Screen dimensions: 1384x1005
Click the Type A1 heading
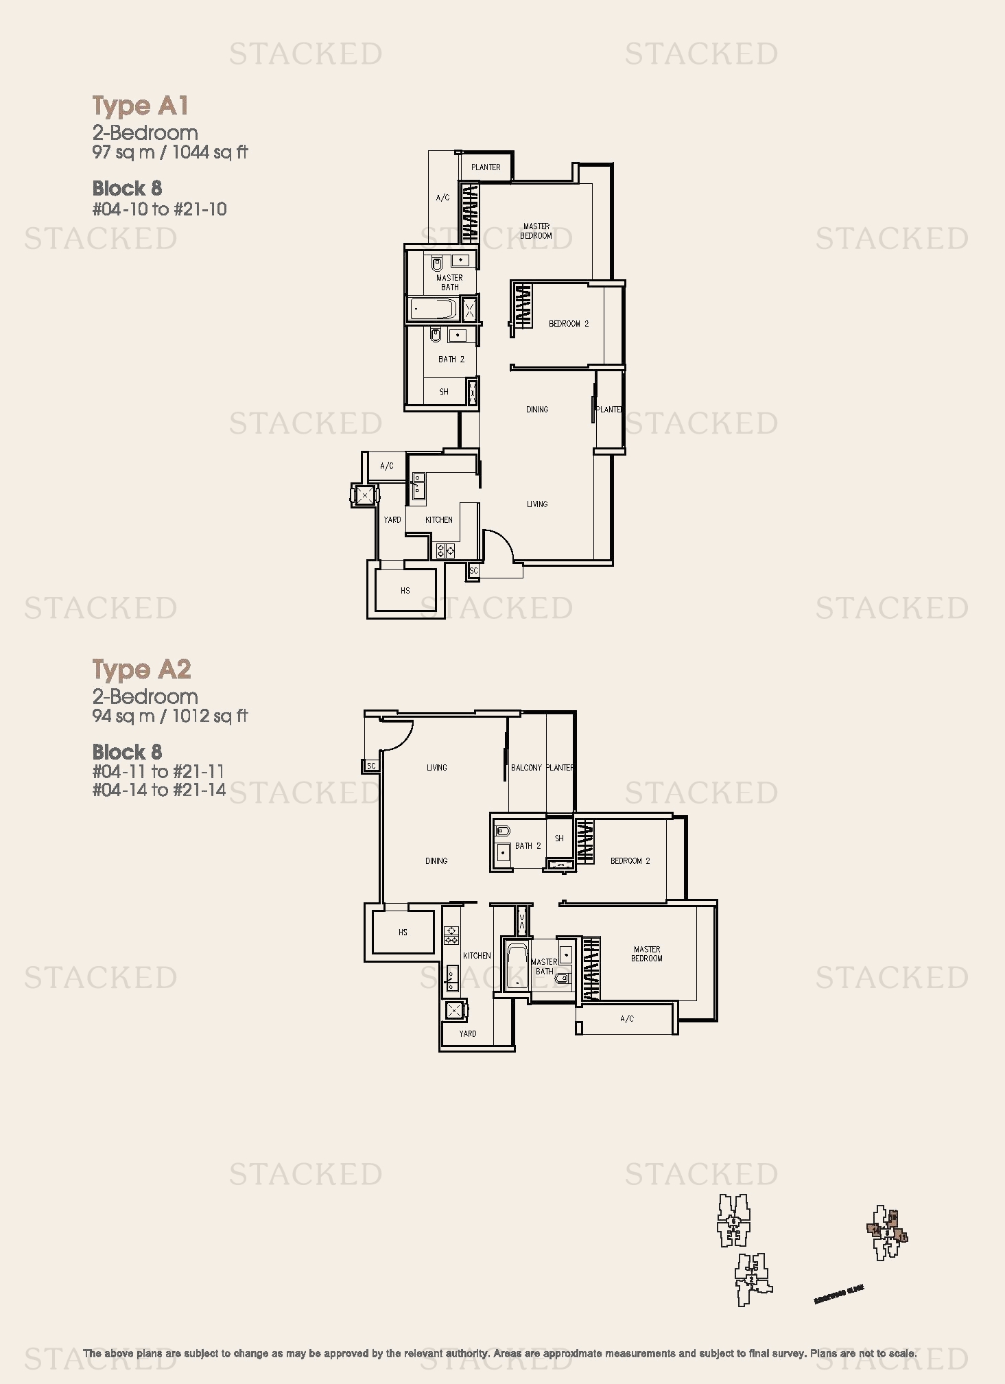[141, 106]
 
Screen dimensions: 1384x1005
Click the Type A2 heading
[142, 669]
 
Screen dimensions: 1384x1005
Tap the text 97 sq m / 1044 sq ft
[170, 152]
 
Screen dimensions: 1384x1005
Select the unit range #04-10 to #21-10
[160, 209]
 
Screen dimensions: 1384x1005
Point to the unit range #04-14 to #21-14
[159, 790]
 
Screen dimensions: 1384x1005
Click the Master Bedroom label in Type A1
[536, 231]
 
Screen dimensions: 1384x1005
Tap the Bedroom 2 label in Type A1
[568, 323]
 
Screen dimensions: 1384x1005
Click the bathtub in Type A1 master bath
[434, 309]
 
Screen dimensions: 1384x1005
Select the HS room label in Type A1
[405, 590]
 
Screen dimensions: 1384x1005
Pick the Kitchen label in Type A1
[438, 519]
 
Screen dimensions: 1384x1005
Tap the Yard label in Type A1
[392, 519]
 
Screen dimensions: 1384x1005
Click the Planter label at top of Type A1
[486, 167]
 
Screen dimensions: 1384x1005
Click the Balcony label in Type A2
[526, 767]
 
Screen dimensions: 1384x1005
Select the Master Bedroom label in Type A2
[646, 954]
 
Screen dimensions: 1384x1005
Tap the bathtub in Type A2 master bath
[516, 966]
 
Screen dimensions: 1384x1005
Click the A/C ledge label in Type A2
[626, 1019]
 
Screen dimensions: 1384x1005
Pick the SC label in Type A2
[371, 766]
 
